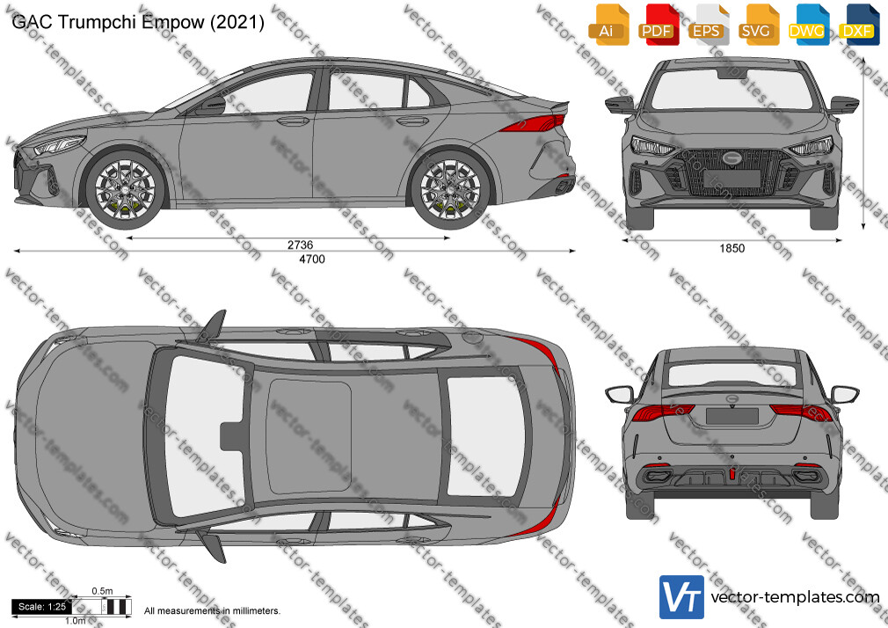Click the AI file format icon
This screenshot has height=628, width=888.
point(608,25)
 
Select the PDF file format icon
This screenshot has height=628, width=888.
point(659,25)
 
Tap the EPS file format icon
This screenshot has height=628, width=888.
point(709,25)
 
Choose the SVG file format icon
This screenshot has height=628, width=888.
point(758,25)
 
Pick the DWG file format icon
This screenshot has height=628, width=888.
point(808,25)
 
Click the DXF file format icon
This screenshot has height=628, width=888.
point(858,25)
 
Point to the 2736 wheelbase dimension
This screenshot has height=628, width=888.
point(300,245)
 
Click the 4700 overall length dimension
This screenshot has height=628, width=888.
point(311,259)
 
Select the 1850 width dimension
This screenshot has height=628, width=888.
point(732,248)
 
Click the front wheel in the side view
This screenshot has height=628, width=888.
point(125,189)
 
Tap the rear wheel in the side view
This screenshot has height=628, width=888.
point(450,189)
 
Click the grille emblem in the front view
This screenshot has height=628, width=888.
point(732,158)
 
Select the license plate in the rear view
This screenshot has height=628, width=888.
point(732,415)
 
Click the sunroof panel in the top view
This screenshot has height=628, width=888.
point(309,437)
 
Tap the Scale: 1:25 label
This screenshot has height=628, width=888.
point(42,607)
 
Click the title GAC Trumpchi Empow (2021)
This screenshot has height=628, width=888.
point(138,22)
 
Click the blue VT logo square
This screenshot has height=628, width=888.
point(682,597)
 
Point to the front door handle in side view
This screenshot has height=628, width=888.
point(293,121)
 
